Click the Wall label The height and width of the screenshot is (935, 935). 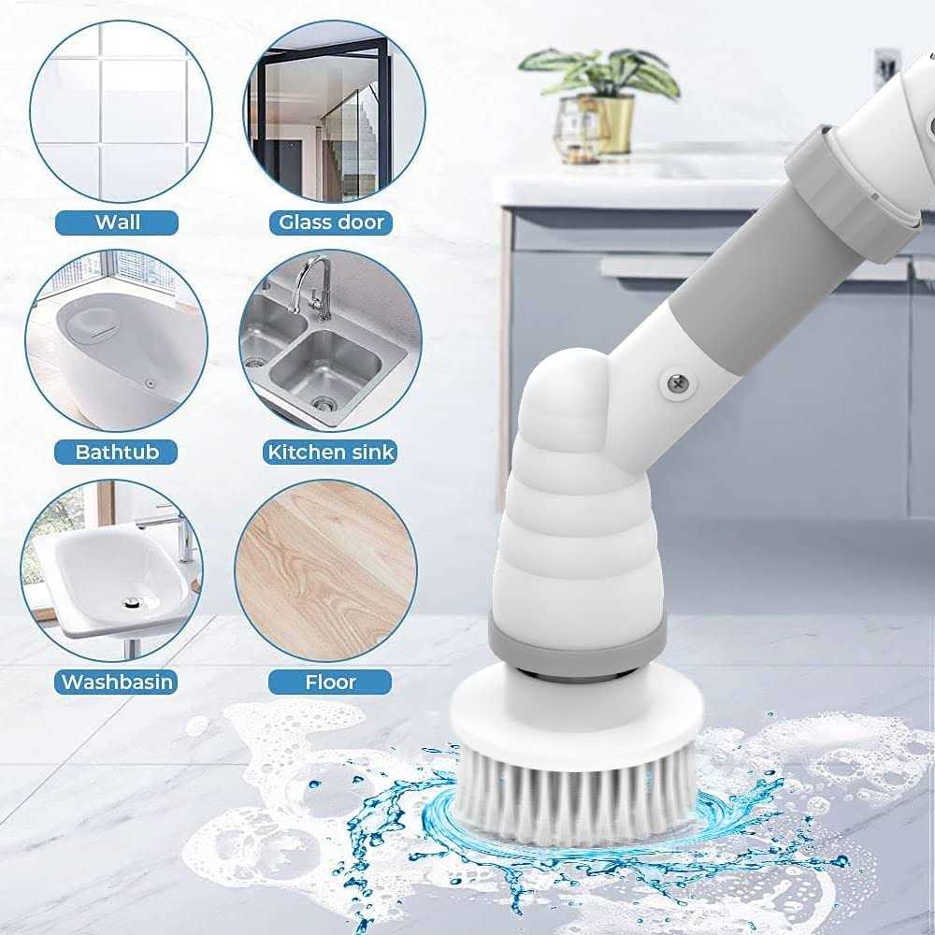click(x=117, y=223)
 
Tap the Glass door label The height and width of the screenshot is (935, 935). click(x=331, y=223)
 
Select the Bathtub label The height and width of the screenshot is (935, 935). click(x=116, y=452)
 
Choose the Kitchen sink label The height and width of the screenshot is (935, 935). click(x=330, y=452)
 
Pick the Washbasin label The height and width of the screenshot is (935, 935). click(x=116, y=682)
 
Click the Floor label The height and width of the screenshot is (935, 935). click(x=330, y=682)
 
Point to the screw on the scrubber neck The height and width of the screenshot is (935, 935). click(x=678, y=382)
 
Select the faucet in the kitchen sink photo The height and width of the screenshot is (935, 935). click(x=311, y=287)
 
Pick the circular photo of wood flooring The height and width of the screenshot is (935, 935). click(x=325, y=571)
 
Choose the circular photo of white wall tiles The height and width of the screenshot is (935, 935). click(x=121, y=111)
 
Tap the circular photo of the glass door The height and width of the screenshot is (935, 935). click(x=335, y=111)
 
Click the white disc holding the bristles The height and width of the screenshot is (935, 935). click(x=576, y=715)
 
